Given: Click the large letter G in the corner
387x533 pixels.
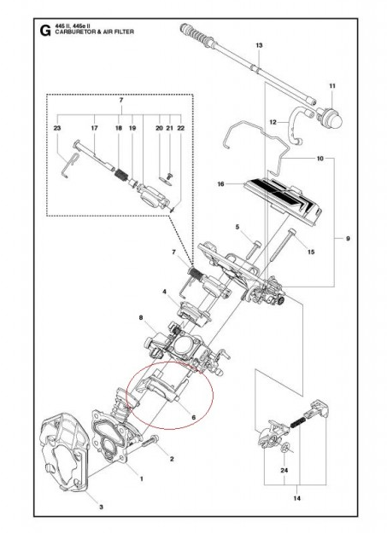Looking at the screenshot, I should [44, 33].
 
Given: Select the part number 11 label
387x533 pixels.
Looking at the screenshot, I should [332, 85].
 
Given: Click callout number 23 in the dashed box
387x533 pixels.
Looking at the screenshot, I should [56, 128].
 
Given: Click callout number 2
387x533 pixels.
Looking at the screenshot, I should [171, 459].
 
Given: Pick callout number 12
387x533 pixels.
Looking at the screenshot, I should [273, 122].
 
